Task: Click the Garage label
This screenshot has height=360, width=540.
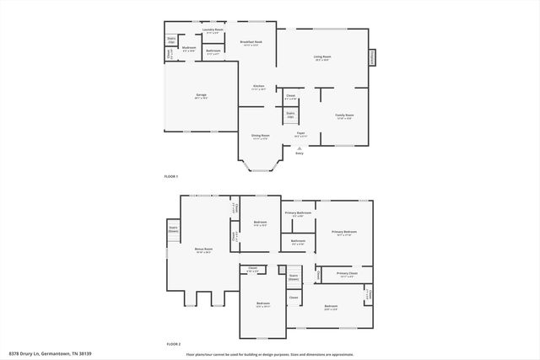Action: (x=202, y=94)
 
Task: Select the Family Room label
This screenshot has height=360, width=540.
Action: (x=344, y=116)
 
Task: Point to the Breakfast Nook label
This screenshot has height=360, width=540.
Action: (x=251, y=42)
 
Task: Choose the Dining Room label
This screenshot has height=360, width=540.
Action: (x=260, y=135)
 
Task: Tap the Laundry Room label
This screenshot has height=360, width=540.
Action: (x=213, y=30)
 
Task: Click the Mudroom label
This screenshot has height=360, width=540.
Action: (x=189, y=49)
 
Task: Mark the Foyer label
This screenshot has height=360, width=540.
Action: (x=300, y=133)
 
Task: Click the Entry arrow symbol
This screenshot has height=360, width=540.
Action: (x=299, y=148)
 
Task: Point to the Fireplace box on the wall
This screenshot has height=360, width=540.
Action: (x=371, y=57)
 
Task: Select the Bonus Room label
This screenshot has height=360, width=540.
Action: (x=203, y=250)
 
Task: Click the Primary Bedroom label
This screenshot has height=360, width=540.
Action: (x=344, y=232)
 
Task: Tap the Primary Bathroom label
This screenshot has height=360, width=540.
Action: (x=299, y=213)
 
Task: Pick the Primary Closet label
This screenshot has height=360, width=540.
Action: (x=348, y=274)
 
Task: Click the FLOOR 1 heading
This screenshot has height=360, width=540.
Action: (x=172, y=175)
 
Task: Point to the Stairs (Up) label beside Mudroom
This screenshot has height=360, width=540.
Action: (x=171, y=39)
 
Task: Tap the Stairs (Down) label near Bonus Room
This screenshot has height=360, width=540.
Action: (x=173, y=228)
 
